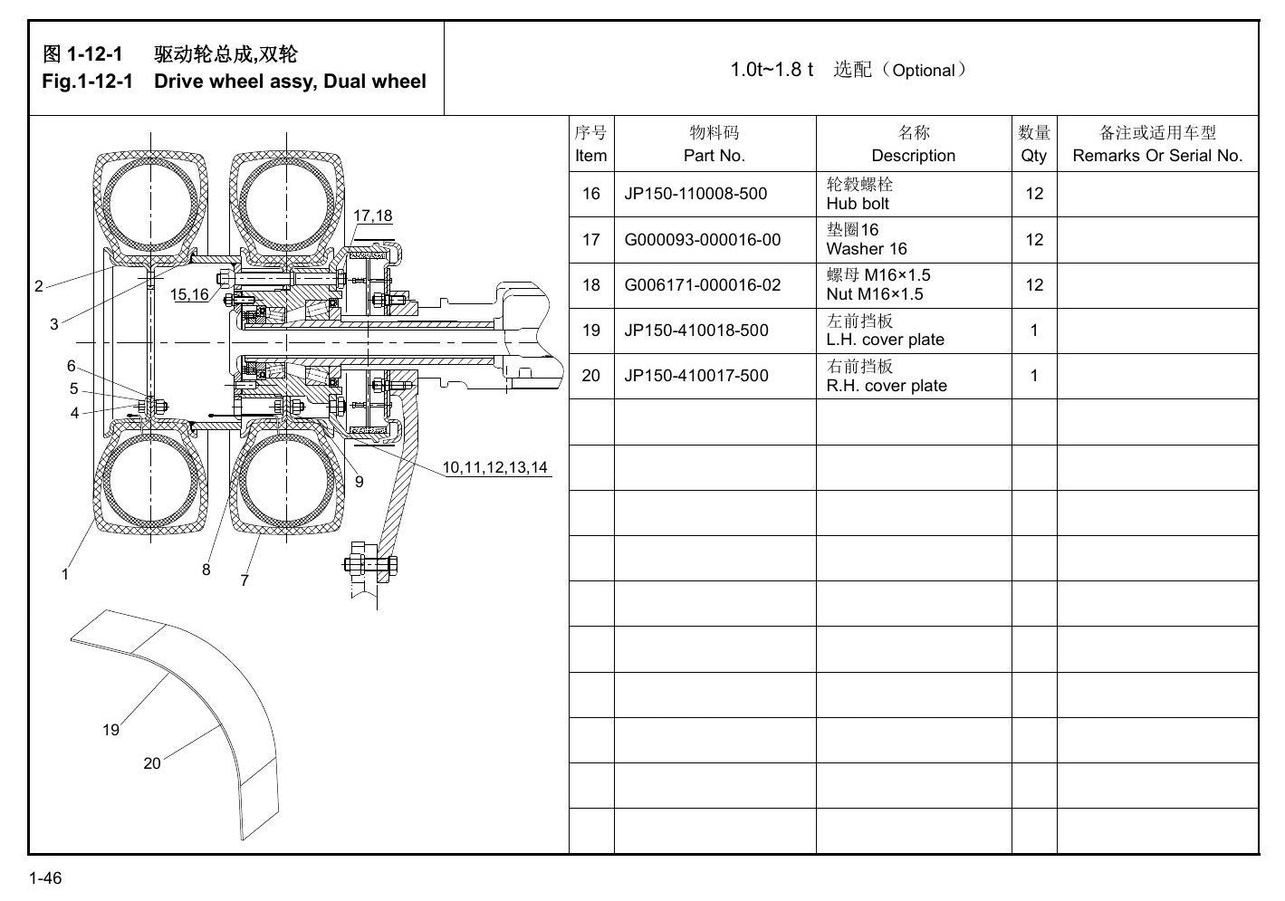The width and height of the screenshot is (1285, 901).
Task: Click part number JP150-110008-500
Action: [695, 194]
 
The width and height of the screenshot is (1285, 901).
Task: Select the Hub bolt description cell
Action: [914, 195]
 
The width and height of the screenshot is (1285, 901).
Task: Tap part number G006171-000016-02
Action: [702, 285]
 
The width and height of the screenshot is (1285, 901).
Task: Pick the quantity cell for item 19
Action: [1034, 331]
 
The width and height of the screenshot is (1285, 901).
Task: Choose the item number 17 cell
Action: [591, 240]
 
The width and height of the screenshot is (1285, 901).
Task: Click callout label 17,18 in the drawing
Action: [373, 216]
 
